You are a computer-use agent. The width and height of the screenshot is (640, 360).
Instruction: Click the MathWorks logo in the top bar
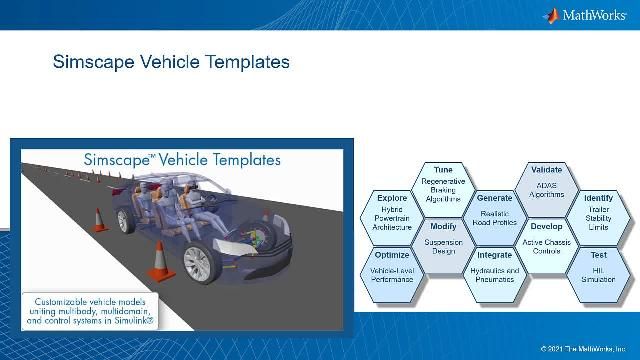[x=589, y=15]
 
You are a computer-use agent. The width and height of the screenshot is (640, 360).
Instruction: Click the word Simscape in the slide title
[x=90, y=62]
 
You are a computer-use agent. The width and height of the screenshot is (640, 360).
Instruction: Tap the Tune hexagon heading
[x=442, y=170]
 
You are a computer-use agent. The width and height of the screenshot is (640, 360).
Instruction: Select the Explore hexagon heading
[x=391, y=198]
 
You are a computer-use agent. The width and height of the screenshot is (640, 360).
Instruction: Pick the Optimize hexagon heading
[x=391, y=255]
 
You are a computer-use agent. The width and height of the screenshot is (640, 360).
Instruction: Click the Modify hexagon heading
[x=442, y=227]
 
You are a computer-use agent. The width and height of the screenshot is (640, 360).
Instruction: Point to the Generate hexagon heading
[x=494, y=198]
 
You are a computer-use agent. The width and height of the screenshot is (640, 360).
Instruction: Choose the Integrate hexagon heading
[x=494, y=255]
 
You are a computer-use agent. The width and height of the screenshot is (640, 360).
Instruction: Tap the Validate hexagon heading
[x=546, y=170]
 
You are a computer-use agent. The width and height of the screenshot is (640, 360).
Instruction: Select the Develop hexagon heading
[x=546, y=226]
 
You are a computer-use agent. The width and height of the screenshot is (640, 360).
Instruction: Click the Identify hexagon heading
[x=598, y=198]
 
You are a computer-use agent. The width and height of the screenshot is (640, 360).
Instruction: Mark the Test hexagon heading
[x=598, y=255]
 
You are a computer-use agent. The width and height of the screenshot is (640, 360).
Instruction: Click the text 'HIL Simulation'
[x=598, y=276]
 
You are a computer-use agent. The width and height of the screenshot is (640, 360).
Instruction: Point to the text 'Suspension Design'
[x=442, y=247]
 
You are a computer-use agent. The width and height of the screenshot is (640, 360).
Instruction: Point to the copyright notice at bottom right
[x=585, y=349]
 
